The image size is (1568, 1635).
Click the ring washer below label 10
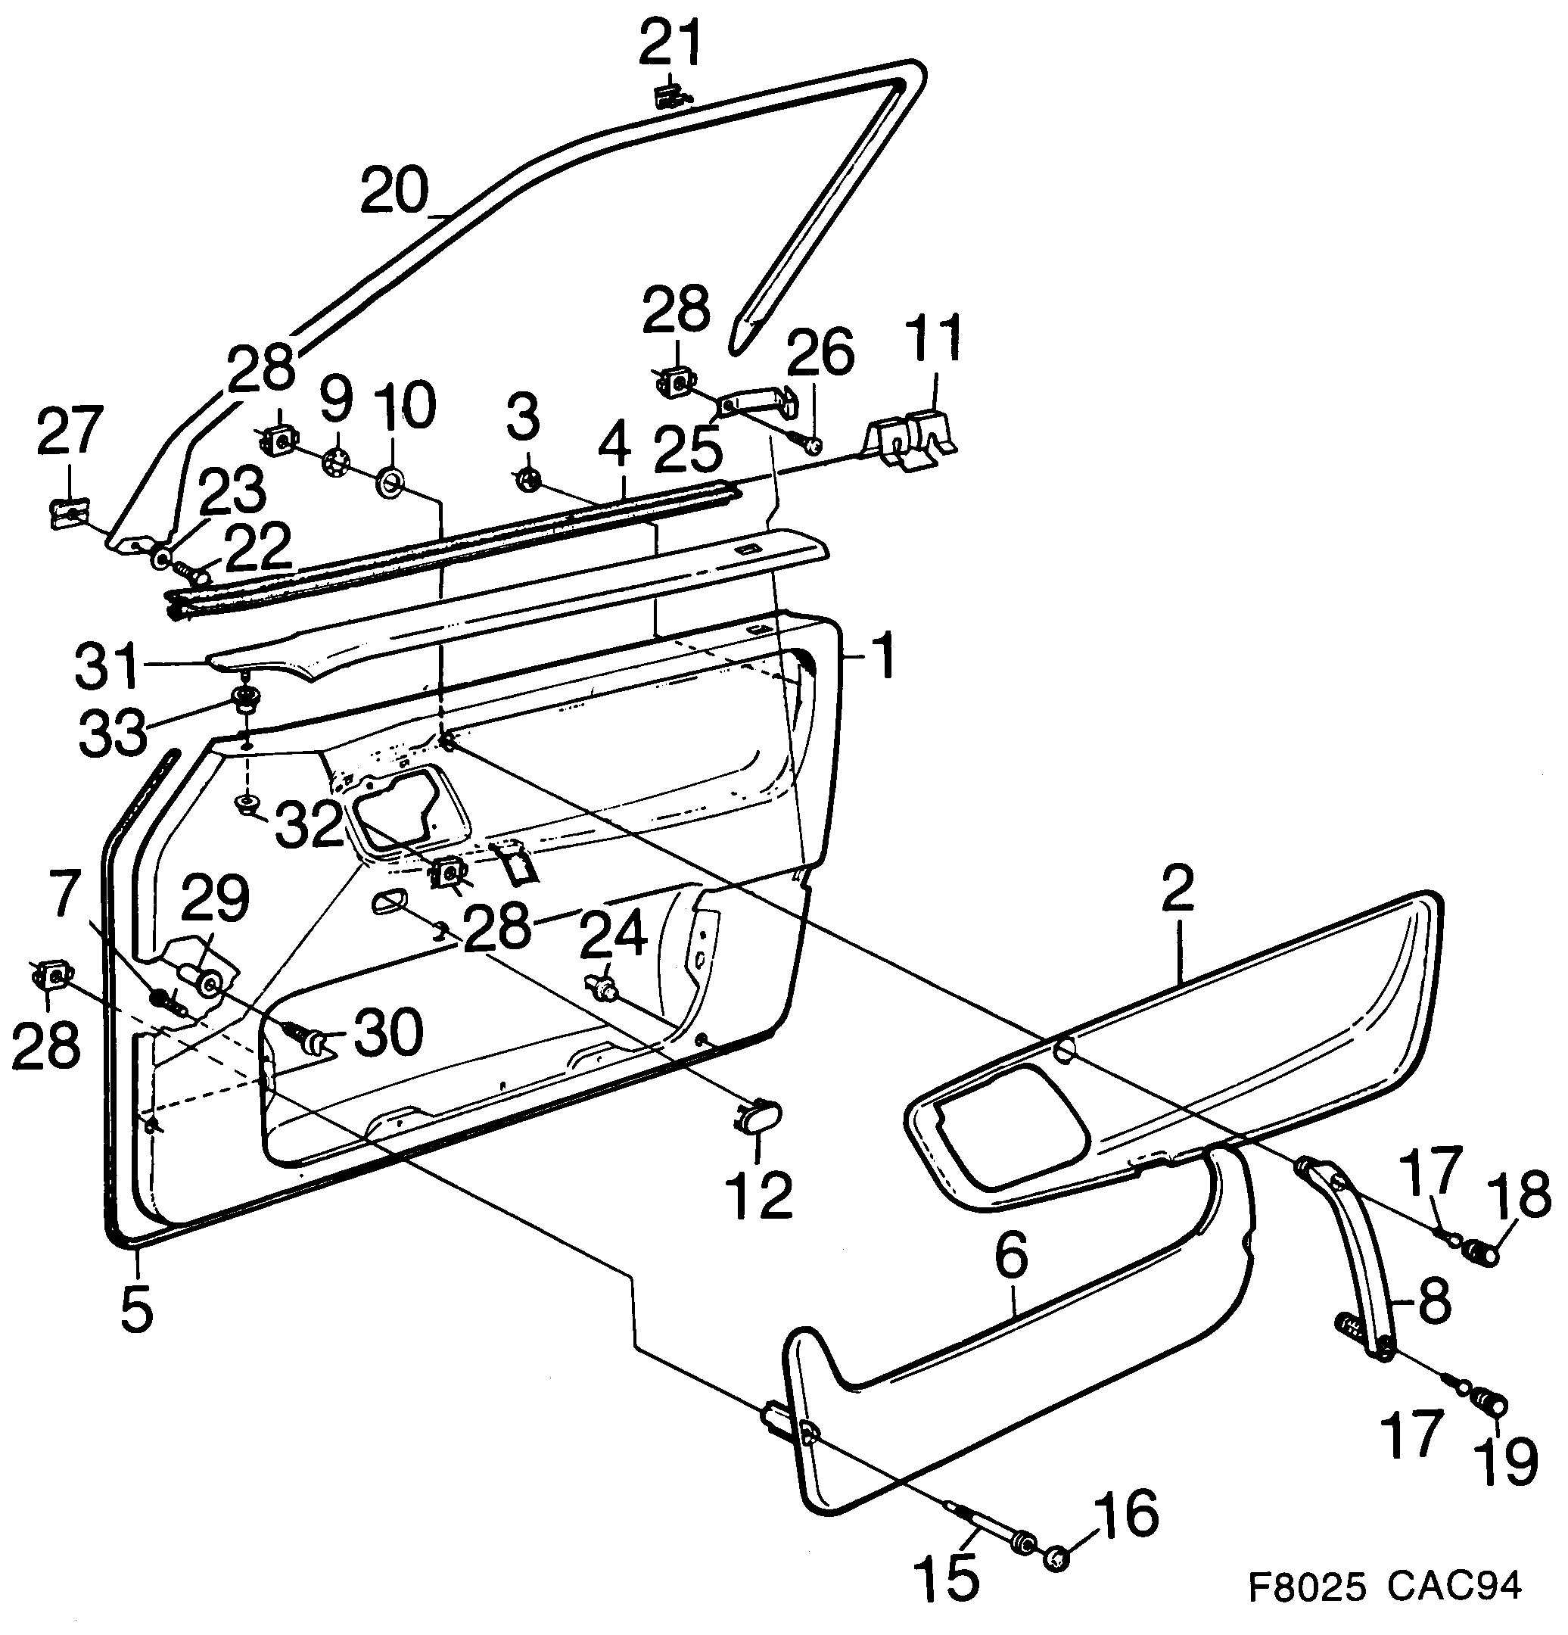390,482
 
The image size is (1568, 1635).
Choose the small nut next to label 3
528,479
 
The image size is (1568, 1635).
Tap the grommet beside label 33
245,697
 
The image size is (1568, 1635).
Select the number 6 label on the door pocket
1011,1261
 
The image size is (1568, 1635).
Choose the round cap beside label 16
1056,1556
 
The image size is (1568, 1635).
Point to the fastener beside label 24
604,988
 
